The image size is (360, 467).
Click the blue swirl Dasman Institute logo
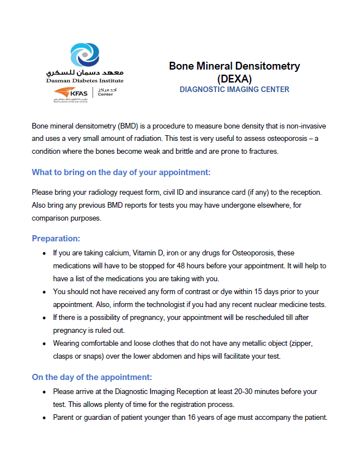coord(85,56)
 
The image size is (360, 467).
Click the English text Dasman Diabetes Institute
coord(85,81)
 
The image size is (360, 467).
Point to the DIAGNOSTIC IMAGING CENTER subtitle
coord(234,89)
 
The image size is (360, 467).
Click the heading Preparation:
coord(56,238)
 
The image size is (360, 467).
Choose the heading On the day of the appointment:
coord(91,377)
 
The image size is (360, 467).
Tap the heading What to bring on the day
coord(121,172)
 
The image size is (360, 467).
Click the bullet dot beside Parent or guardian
coord(44,418)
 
